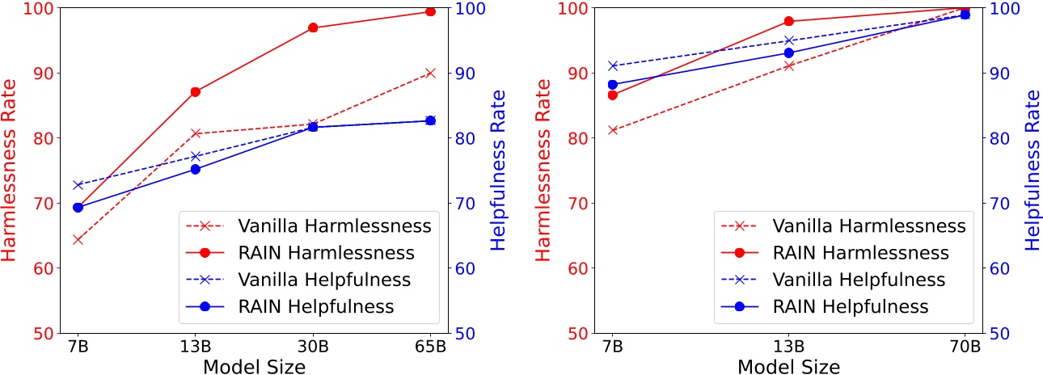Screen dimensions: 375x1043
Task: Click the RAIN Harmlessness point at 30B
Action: [313, 27]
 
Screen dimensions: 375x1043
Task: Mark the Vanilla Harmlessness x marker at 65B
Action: [430, 73]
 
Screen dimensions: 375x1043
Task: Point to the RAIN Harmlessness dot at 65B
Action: [430, 11]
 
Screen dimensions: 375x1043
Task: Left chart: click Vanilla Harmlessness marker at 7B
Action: [78, 239]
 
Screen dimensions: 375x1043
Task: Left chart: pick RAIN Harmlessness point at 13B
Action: [195, 91]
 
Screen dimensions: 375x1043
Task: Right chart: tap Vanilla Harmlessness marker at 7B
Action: [613, 130]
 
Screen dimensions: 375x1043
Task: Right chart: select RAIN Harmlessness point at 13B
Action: [789, 21]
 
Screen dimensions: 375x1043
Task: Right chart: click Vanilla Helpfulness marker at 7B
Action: [613, 65]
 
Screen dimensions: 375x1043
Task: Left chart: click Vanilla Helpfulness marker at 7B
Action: [78, 185]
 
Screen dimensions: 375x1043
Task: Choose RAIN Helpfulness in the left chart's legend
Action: [315, 307]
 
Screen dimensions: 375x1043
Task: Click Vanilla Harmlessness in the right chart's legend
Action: [869, 225]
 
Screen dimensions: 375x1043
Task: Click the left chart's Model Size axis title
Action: [254, 366]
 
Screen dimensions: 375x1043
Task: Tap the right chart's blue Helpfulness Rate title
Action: [1032, 170]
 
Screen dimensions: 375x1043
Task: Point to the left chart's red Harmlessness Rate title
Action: [10, 170]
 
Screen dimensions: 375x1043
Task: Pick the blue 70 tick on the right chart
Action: [998, 204]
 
